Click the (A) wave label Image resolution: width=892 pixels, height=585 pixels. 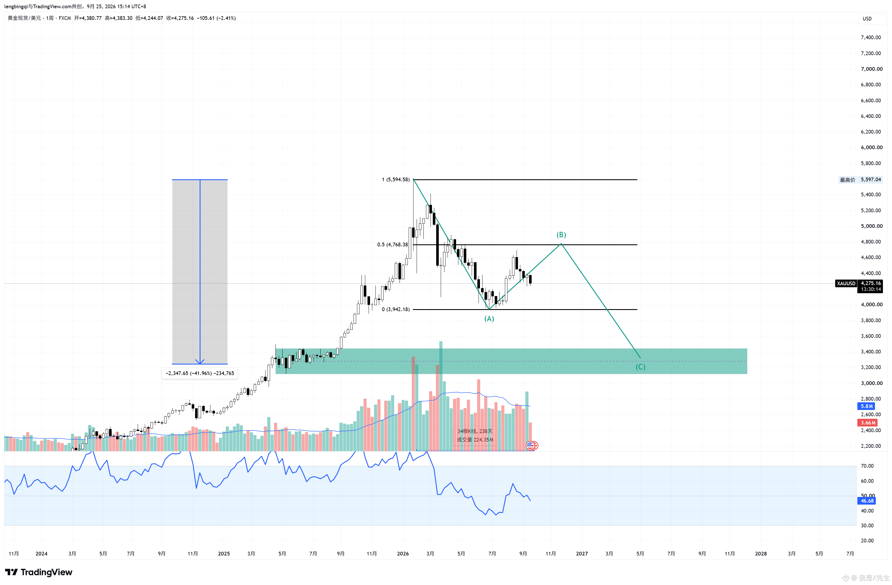[x=489, y=319]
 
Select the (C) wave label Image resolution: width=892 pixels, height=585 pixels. [x=640, y=367]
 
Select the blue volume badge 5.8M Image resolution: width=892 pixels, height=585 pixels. [x=866, y=406]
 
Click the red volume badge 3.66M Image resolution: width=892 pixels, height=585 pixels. [x=868, y=422]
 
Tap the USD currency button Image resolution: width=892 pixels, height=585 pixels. [x=867, y=18]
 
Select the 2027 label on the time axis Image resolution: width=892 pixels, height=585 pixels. [x=582, y=553]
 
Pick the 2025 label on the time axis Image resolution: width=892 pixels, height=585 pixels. [x=224, y=553]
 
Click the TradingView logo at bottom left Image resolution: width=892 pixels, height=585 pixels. [x=39, y=572]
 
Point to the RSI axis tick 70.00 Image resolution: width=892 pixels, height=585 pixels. [x=867, y=466]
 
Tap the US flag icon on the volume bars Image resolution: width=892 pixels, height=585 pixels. [x=531, y=445]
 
